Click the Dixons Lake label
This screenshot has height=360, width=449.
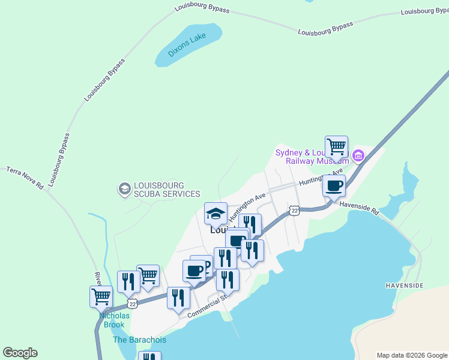(x=187, y=45)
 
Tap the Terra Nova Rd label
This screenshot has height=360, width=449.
(x=25, y=178)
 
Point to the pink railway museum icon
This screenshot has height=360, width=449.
(x=358, y=156)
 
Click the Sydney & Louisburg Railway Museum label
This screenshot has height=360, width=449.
(x=312, y=157)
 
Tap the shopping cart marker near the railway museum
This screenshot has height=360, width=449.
(x=336, y=146)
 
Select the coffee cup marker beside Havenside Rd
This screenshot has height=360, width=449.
(x=334, y=185)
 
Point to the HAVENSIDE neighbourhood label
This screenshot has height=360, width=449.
(x=405, y=285)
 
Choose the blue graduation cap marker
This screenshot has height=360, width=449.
(x=215, y=213)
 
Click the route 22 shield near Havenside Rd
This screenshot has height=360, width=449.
(x=294, y=210)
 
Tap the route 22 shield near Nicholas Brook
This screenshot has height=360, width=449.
(x=133, y=304)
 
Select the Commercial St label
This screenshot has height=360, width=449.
(x=208, y=305)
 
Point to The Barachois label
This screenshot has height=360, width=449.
(x=139, y=340)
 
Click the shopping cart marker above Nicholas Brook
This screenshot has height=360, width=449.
(x=101, y=296)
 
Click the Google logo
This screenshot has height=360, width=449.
(x=20, y=353)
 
